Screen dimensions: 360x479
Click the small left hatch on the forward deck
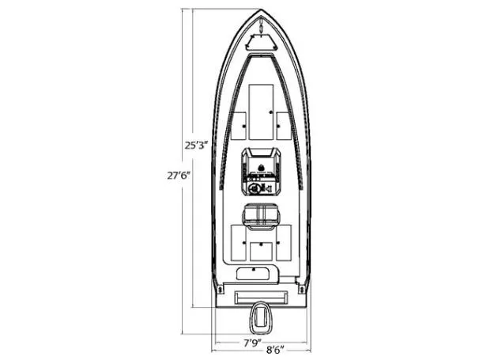[x=239, y=125]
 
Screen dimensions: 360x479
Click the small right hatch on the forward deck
[x=283, y=125]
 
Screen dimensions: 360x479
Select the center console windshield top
[x=260, y=153]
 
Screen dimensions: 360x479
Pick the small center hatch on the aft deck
[x=260, y=251]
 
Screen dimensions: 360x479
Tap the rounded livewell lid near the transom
[x=252, y=272]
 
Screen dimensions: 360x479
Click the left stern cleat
[x=219, y=290]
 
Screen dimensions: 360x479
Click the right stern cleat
[x=301, y=290]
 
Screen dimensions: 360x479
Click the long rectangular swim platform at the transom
[x=260, y=297]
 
